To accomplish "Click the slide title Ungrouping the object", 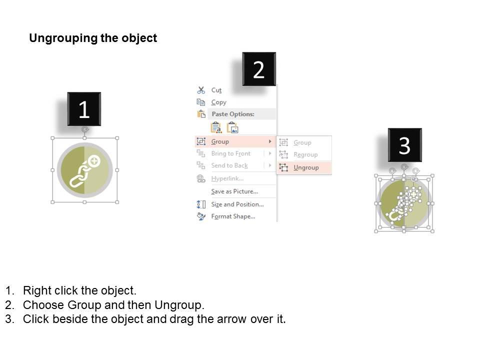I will [x=93, y=38].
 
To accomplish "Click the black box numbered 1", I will [x=84, y=109].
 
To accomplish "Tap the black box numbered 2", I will [x=258, y=69].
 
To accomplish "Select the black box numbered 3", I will [x=404, y=145].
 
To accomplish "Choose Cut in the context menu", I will [x=216, y=90].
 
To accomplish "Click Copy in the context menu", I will [x=218, y=102].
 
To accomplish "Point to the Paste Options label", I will [x=232, y=114].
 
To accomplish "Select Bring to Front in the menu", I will [x=230, y=153].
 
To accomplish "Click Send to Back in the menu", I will [x=229, y=165].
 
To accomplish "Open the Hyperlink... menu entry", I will [x=227, y=178].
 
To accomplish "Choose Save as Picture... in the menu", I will [x=234, y=191].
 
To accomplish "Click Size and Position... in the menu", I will [x=237, y=204].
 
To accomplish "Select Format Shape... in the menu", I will [x=233, y=216].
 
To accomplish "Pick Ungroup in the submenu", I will [x=306, y=167].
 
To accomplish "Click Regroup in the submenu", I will [x=305, y=155].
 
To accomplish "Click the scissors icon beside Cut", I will [x=201, y=90].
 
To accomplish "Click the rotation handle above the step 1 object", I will [x=84, y=129].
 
